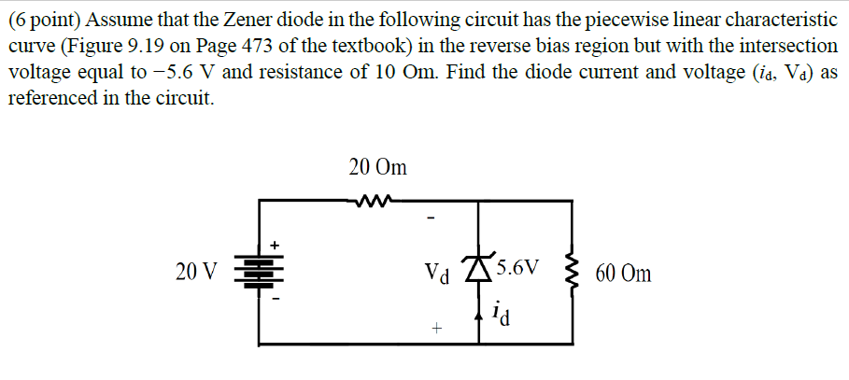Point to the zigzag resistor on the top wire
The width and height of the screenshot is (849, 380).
[377, 199]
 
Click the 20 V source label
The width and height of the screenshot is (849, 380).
[194, 273]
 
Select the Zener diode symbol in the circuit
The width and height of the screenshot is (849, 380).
[481, 269]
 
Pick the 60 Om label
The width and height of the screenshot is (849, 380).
[622, 274]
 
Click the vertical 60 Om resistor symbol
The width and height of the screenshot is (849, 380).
[571, 272]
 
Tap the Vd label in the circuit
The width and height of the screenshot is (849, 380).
[437, 274]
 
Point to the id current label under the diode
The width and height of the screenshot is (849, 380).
[501, 313]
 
